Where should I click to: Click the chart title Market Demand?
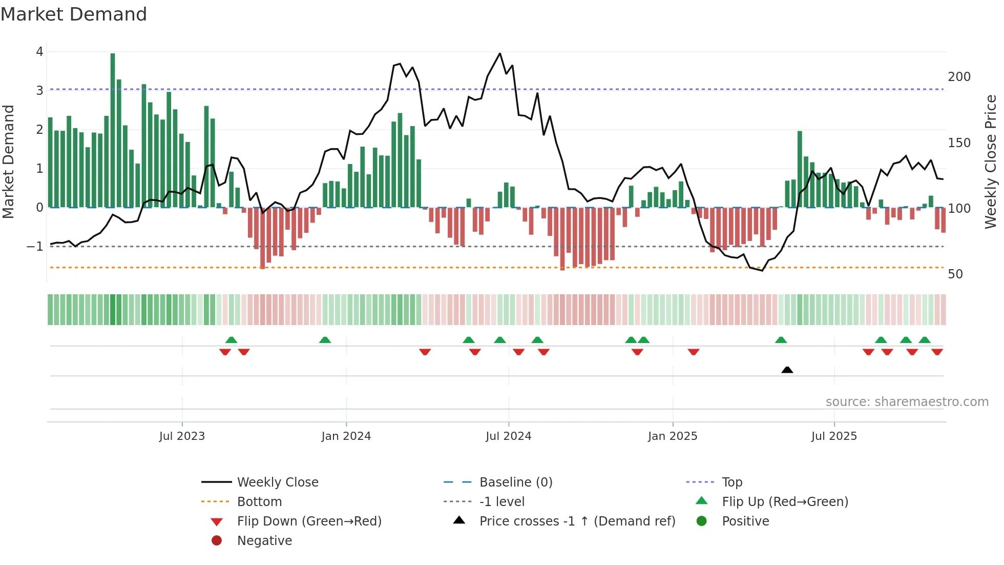74,14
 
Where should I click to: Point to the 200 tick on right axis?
959,77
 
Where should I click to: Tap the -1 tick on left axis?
35,247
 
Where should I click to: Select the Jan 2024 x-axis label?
346,436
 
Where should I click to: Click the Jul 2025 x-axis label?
833,436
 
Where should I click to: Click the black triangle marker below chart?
787,370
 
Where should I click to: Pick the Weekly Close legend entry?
277,482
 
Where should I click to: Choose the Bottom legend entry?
259,502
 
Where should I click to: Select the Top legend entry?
731,482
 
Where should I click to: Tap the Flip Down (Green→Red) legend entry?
309,521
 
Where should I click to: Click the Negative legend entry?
264,541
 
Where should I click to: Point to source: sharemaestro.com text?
907,402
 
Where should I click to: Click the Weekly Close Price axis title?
991,162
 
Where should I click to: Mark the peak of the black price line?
500,53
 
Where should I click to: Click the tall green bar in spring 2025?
800,169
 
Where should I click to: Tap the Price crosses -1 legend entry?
577,521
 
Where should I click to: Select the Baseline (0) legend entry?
515,482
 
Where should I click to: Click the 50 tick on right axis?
955,274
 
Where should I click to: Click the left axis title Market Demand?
8,162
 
